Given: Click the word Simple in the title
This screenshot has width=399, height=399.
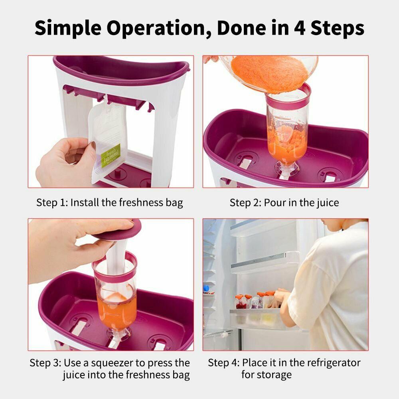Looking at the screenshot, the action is point(68,28).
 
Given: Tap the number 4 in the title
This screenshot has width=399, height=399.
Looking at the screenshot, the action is point(300,28).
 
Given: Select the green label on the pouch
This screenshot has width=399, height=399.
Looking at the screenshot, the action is point(111,156).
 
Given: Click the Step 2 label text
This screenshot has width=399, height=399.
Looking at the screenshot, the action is point(245,203).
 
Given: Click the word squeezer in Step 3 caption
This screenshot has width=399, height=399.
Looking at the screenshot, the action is point(112,363).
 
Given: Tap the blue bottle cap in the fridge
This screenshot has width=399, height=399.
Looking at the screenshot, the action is point(206,288).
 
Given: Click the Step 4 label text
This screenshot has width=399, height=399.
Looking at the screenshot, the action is point(223,363).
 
